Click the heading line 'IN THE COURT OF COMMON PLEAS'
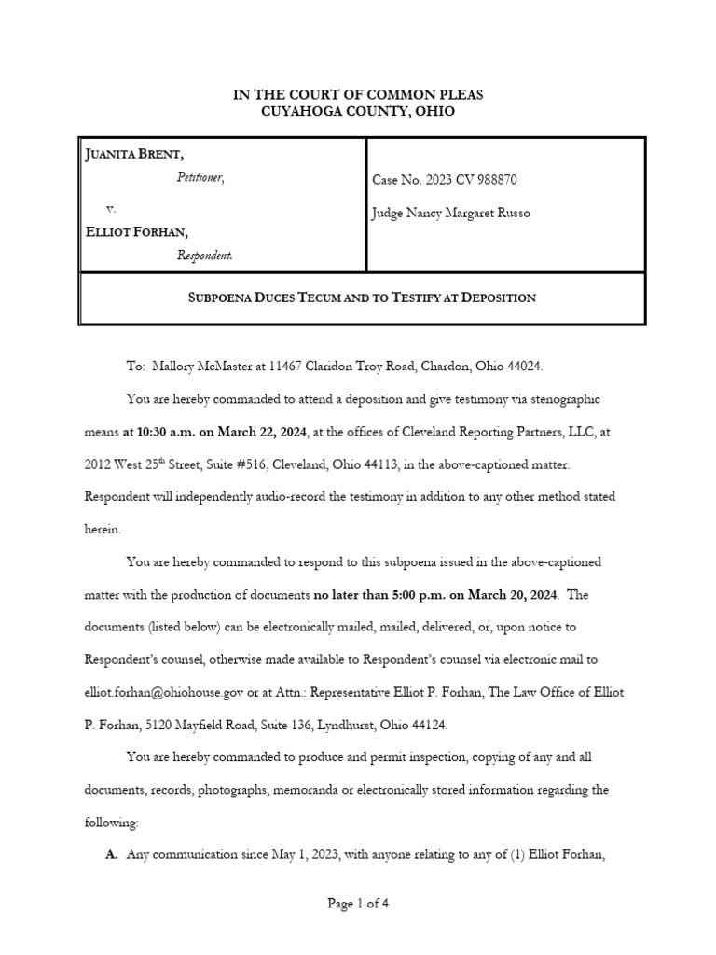[358, 94]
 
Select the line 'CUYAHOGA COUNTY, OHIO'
[358, 111]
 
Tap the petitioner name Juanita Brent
[131, 154]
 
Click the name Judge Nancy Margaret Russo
[450, 214]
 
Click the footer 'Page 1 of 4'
[358, 903]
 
